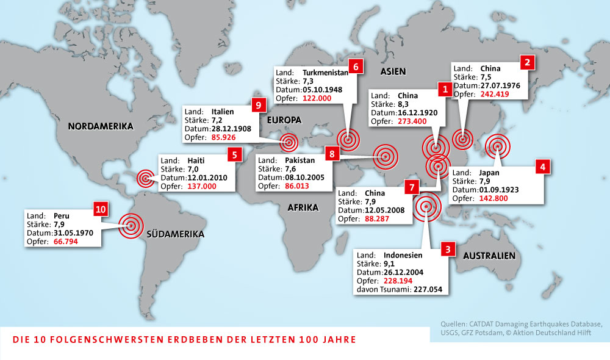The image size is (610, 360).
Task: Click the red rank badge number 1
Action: point(446,89)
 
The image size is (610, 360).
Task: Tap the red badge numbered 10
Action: point(101,209)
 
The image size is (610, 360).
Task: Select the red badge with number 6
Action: point(356,67)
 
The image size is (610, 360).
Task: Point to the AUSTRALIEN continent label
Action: point(489,255)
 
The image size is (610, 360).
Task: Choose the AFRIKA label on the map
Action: point(303,207)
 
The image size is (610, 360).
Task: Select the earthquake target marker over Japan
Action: point(498,146)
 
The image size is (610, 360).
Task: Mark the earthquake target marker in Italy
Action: point(289,143)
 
